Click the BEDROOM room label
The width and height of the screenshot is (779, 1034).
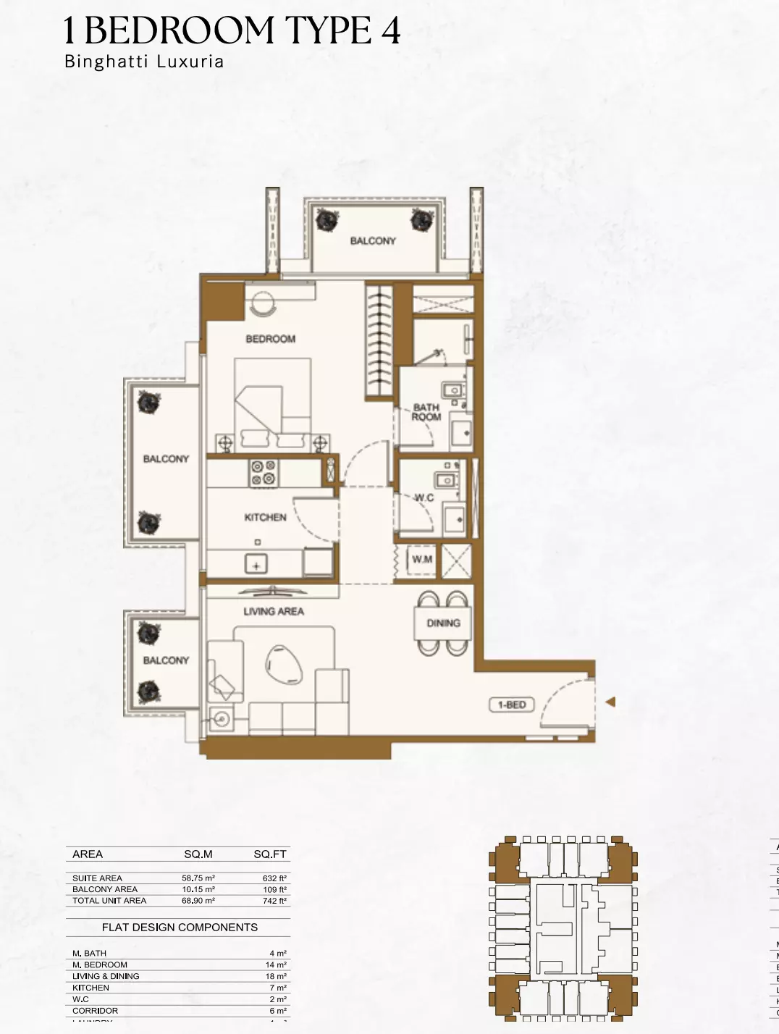[270, 339]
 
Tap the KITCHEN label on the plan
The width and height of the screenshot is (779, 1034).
[265, 517]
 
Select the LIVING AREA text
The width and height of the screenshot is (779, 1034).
[273, 611]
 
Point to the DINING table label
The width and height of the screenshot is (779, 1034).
[443, 623]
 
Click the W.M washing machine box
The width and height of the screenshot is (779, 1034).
[421, 560]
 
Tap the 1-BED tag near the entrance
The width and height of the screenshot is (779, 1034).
[511, 705]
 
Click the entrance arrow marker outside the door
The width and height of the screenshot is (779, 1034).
[610, 702]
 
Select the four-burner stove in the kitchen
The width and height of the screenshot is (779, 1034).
[263, 473]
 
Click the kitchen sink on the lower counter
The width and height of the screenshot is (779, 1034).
[256, 563]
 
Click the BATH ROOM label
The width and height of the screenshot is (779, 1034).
[426, 412]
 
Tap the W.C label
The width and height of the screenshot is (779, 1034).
[424, 497]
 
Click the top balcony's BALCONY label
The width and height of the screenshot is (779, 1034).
[373, 241]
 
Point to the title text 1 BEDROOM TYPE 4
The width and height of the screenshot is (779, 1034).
[232, 31]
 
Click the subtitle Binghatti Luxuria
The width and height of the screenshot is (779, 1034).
[144, 62]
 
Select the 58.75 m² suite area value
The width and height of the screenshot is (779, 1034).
[198, 878]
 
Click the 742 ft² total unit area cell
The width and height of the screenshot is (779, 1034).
[274, 901]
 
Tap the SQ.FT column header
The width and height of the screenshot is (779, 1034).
[270, 854]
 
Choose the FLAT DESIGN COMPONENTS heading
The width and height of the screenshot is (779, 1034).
[180, 927]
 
